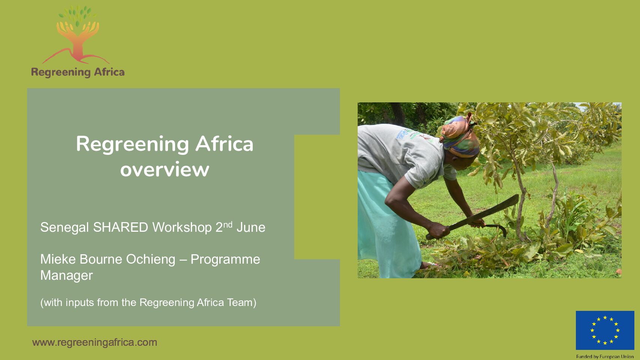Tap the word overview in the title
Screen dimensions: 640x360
tap(165, 169)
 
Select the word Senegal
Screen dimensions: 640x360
tap(64, 227)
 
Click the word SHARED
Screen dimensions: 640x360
tap(121, 227)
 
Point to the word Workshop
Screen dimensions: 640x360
tap(182, 227)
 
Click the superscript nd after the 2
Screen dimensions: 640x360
tap(228, 225)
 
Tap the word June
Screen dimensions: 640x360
tap(251, 227)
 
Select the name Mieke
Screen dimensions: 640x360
tap(58, 259)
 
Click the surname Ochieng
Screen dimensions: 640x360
tap(151, 259)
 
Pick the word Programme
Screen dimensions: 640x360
tap(225, 259)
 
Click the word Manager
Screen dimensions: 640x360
tap(67, 275)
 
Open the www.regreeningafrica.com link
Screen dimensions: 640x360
tap(94, 342)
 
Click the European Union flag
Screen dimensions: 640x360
tap(605, 330)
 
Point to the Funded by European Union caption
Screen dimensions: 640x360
tap(605, 357)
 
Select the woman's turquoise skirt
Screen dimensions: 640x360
tap(386, 226)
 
